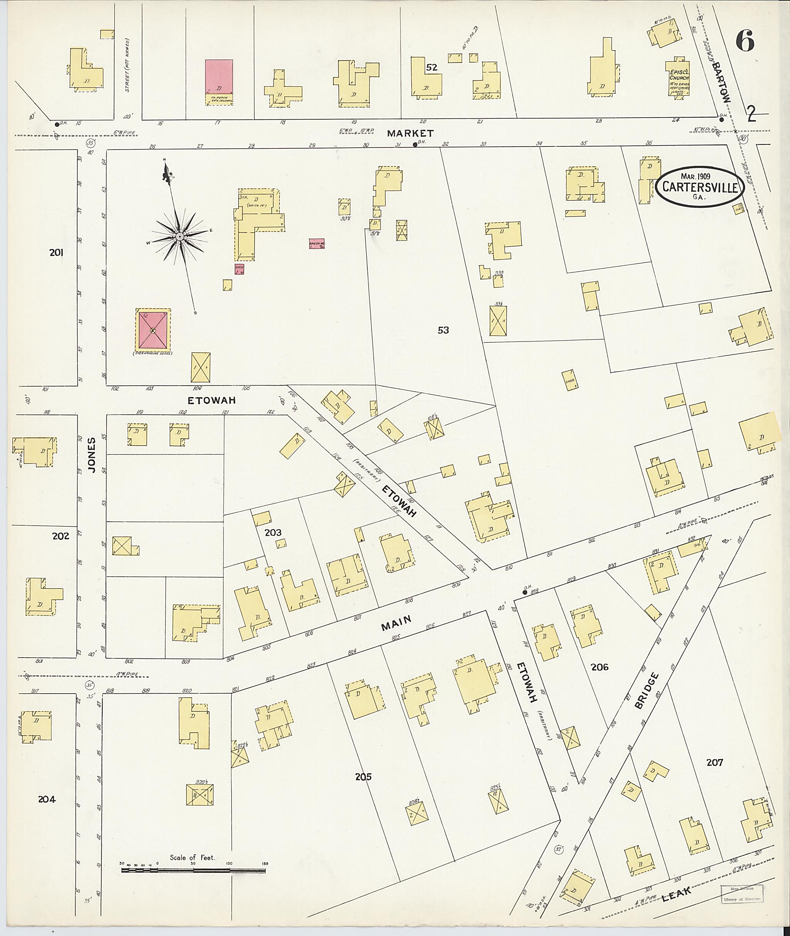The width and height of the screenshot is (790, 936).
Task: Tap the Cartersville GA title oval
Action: coord(700,187)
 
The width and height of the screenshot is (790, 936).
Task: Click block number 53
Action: coord(443,330)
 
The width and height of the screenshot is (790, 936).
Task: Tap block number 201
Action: coord(56,252)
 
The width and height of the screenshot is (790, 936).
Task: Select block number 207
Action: coord(714,762)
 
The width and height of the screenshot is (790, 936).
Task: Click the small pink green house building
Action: coord(317,244)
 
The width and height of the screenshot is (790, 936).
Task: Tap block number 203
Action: coord(273,532)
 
